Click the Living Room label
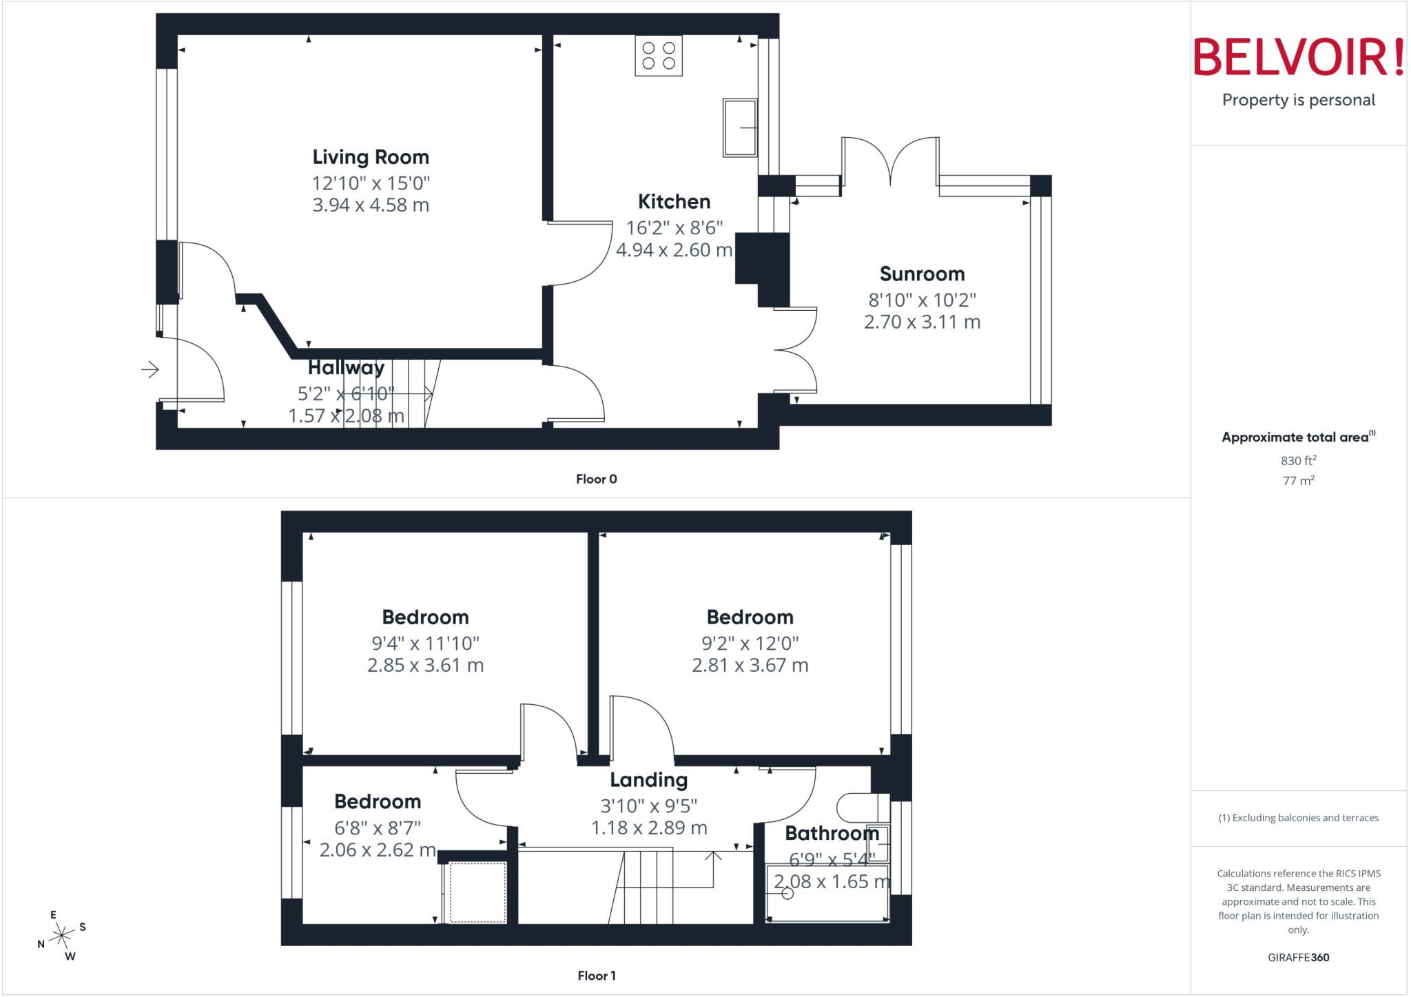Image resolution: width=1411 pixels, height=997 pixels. (x=371, y=157)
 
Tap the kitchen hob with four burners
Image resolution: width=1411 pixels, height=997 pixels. (x=659, y=56)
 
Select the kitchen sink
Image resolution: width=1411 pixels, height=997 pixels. (x=739, y=127)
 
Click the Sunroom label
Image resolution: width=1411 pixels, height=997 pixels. (x=922, y=274)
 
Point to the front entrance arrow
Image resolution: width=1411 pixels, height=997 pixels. (x=150, y=370)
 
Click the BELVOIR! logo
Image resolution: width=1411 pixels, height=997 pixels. (x=1298, y=57)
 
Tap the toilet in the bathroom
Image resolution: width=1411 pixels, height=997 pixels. (x=861, y=806)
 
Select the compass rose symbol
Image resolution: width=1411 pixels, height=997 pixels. (x=62, y=935)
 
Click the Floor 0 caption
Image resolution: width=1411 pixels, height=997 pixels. (x=597, y=479)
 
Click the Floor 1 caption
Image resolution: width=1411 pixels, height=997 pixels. (x=597, y=976)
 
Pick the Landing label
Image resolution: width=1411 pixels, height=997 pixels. (x=648, y=780)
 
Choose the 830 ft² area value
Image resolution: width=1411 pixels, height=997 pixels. (x=1298, y=460)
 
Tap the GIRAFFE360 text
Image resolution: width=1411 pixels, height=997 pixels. (x=1298, y=957)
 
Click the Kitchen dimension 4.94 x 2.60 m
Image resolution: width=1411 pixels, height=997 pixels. (x=674, y=249)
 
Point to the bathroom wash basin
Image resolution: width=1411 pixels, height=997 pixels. (x=878, y=843)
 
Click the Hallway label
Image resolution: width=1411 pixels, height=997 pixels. (x=346, y=368)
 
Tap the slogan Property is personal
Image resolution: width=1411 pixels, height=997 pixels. (x=1298, y=100)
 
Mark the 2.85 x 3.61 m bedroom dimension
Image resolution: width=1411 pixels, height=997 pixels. (x=425, y=665)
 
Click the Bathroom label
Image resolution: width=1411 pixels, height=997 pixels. (x=832, y=834)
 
